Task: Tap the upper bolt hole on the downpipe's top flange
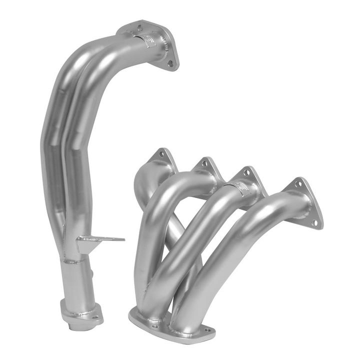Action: tap(139, 28)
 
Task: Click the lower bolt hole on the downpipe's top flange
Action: tap(170, 63)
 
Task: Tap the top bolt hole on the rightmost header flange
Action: tap(298, 184)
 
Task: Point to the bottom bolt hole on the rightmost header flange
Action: tap(314, 222)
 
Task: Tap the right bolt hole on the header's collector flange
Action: tap(205, 330)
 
